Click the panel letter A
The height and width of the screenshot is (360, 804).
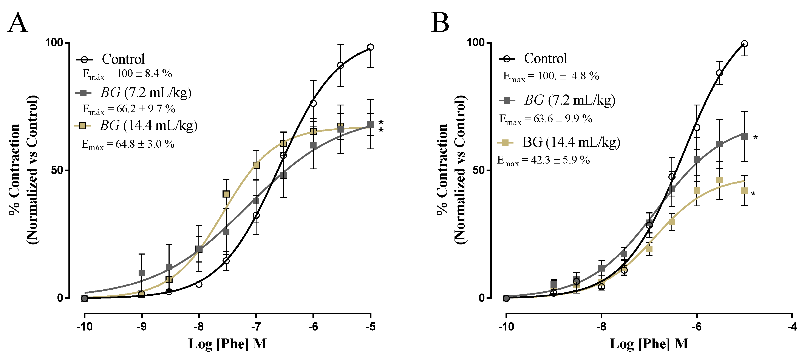(18, 22)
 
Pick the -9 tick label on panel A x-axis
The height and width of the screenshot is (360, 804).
(141, 327)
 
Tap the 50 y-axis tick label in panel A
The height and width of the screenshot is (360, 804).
(57, 170)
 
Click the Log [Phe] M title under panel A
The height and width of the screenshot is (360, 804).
(227, 344)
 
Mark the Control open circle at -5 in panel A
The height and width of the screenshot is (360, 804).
(371, 47)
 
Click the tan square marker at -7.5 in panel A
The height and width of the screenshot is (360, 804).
(226, 194)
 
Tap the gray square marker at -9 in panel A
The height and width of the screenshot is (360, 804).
(142, 273)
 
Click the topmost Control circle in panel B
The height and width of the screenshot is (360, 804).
(744, 44)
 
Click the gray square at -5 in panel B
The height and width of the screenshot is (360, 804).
(744, 136)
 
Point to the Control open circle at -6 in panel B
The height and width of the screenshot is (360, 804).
(697, 127)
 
